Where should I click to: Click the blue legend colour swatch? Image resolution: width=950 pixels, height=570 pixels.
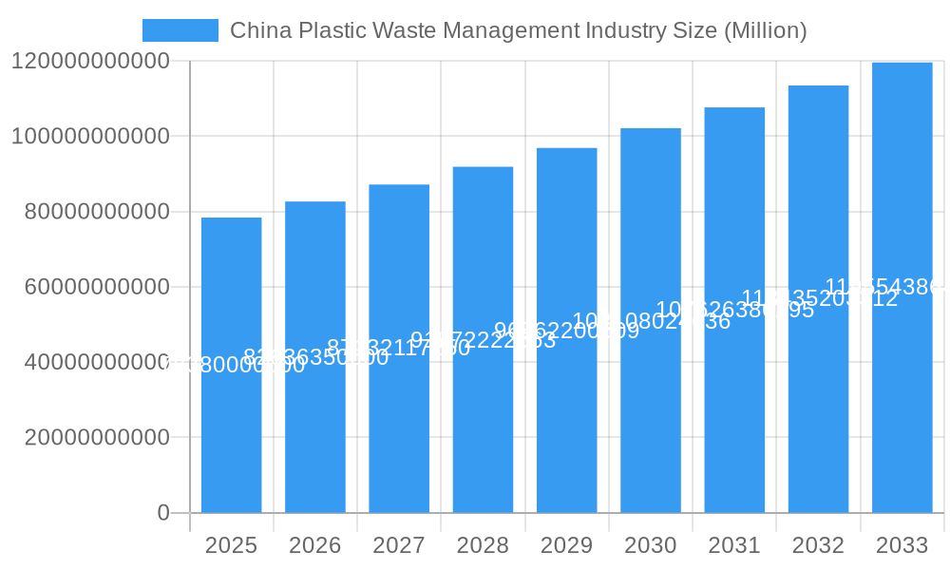click(180, 30)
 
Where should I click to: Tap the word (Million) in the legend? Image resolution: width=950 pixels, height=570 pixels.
click(765, 30)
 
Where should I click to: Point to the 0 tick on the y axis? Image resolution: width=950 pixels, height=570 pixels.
click(162, 513)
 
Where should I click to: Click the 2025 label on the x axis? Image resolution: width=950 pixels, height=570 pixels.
click(231, 545)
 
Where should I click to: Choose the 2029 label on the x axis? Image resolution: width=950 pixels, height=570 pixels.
click(567, 545)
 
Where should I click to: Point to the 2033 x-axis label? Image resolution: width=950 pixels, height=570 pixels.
click(902, 545)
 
